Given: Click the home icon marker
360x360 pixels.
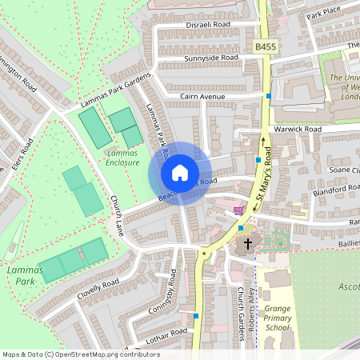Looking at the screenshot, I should click(x=180, y=173).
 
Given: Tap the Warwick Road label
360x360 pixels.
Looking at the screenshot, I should click(x=297, y=129).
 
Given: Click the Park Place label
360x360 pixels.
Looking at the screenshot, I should click(x=323, y=14).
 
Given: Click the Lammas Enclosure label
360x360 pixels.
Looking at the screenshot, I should click(x=122, y=157).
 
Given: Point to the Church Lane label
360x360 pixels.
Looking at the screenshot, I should click(x=117, y=216).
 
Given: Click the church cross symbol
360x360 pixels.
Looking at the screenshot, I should click(x=247, y=243).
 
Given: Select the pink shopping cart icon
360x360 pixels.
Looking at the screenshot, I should click(x=238, y=210).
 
